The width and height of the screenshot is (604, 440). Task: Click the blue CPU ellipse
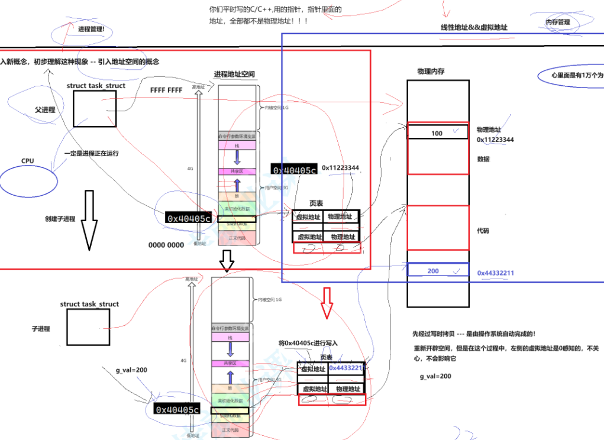29,180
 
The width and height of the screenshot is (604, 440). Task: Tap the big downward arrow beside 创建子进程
89,219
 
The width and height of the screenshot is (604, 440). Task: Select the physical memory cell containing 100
437,133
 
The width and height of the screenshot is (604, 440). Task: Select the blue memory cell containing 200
437,270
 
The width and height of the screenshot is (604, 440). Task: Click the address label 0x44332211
496,273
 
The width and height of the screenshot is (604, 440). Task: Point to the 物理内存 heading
431,71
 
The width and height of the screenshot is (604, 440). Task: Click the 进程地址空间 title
234,75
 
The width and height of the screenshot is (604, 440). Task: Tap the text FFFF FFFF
166,90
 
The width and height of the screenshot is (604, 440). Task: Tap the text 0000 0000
166,245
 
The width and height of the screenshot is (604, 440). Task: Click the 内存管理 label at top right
558,22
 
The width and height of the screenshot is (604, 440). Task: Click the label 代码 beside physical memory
483,231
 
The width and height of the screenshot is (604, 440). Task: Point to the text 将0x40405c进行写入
308,343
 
